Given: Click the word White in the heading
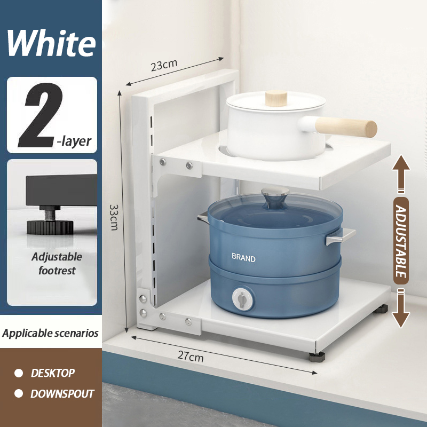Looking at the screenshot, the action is click(x=51, y=43).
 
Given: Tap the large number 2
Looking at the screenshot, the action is click(x=40, y=115).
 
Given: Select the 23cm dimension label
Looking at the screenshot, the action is click(x=164, y=65).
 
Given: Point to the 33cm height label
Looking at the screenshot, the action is click(x=114, y=217).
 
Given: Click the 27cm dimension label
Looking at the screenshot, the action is click(x=191, y=356).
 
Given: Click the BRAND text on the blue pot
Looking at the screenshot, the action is click(x=243, y=257).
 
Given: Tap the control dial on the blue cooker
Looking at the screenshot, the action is click(x=242, y=298).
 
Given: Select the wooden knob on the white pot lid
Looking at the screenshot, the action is click(x=276, y=98).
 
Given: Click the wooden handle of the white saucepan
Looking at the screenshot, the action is click(x=346, y=127).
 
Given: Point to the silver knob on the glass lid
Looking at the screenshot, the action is click(x=275, y=195).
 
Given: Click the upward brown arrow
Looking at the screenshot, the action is click(x=401, y=174).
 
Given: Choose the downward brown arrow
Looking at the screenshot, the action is click(x=401, y=309).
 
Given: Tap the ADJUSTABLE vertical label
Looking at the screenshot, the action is click(x=401, y=241).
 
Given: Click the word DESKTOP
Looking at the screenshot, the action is click(x=52, y=373).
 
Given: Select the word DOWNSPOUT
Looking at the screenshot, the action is click(x=62, y=394).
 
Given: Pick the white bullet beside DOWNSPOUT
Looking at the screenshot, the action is click(x=19, y=393).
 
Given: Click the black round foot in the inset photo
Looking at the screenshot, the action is click(x=50, y=227).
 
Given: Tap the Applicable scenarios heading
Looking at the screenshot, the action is click(x=50, y=333).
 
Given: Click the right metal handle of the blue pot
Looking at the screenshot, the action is click(x=341, y=236).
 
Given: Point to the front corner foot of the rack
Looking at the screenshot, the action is click(x=317, y=357).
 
